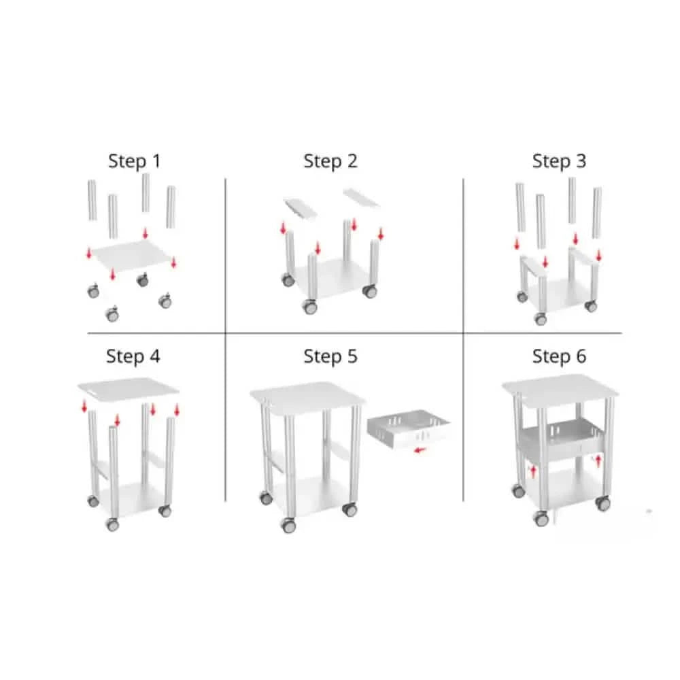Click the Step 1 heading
click(135, 161)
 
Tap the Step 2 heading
click(330, 161)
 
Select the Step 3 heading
click(559, 161)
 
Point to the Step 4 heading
click(133, 356)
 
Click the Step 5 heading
click(330, 356)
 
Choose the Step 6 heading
click(559, 356)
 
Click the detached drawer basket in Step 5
click(408, 428)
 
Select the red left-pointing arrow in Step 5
click(420, 450)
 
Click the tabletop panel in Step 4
click(129, 388)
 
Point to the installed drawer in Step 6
click(563, 438)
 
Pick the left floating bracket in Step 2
click(301, 208)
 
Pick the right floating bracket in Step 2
click(361, 197)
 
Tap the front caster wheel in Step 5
click(288, 525)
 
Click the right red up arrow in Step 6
click(598, 460)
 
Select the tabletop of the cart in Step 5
click(307, 396)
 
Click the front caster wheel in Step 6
click(541, 517)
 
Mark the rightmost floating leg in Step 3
click(597, 212)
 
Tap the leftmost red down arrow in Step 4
click(84, 407)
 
